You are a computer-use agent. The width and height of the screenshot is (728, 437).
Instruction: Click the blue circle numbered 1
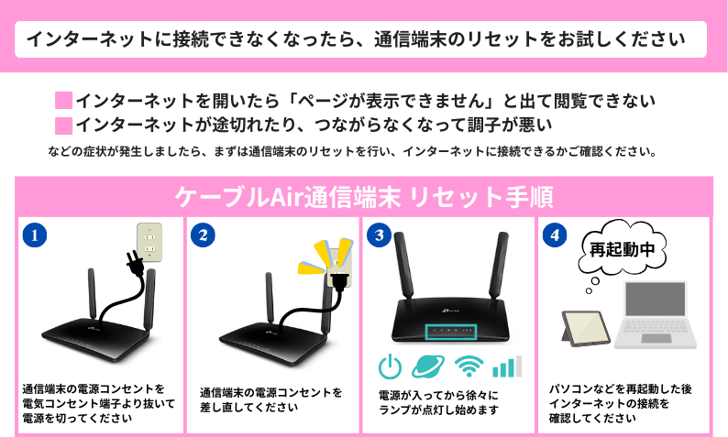(34, 235)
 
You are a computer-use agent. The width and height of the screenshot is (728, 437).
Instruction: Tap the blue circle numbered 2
(203, 235)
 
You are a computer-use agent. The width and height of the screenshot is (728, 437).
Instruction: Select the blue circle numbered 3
(379, 235)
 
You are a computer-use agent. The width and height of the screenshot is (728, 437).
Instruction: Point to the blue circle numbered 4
(555, 235)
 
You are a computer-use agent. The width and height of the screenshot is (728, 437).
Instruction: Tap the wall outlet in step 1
(149, 243)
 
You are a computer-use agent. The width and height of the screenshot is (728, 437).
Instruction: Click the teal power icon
(390, 366)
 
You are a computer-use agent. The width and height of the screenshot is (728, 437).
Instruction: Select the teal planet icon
(428, 366)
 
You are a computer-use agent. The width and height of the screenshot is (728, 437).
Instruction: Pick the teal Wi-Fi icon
(469, 366)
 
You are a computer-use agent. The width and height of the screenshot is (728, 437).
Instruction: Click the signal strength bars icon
(507, 366)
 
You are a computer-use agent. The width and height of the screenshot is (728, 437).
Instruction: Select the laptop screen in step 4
(655, 300)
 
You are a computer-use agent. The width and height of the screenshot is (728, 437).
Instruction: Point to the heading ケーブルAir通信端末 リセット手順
(364, 197)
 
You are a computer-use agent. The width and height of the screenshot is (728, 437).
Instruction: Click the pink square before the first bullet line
(63, 101)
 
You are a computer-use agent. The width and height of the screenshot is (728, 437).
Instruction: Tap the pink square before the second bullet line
(63, 126)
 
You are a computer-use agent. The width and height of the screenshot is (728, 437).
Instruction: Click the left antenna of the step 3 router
(403, 265)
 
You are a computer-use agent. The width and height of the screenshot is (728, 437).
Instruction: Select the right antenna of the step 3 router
(499, 265)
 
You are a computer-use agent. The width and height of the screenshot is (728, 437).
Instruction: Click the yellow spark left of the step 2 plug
(311, 268)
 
